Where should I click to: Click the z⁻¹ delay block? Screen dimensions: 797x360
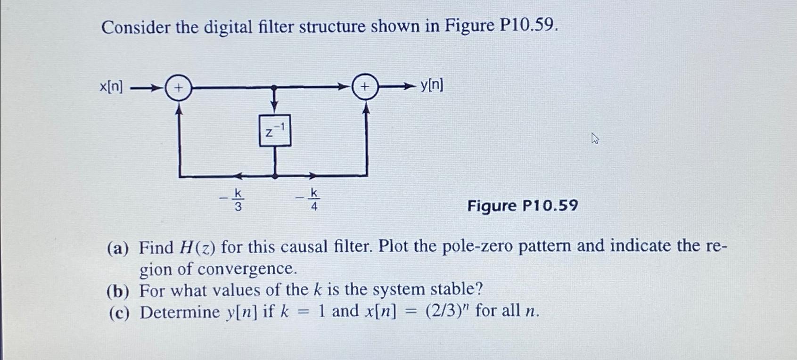pos(275,131)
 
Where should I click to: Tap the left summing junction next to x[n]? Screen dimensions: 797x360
pos(179,88)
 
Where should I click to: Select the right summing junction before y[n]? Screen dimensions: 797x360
pos(365,87)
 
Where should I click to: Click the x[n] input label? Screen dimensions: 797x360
pos(111,87)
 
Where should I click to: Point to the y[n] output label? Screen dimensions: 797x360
pos(431,85)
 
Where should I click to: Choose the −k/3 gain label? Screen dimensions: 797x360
pos(233,199)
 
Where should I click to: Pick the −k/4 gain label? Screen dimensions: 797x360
pos(309,199)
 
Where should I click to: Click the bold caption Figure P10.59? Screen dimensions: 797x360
pos(522,206)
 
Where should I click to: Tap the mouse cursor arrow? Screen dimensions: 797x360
pos(595,138)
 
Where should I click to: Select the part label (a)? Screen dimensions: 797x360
pos(118,248)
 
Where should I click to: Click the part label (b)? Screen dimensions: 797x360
pos(118,291)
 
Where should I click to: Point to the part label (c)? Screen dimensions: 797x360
pos(118,313)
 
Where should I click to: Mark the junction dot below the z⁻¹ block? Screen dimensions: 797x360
pos(275,176)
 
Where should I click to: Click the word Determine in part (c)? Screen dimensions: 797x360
pos(180,312)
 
